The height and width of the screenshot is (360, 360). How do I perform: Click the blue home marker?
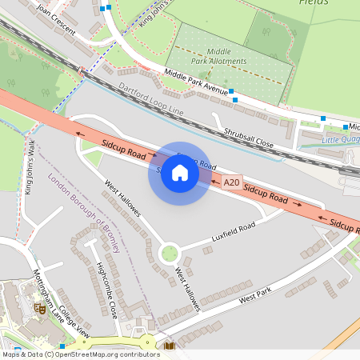[180, 174]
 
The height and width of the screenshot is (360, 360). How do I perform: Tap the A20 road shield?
[231, 182]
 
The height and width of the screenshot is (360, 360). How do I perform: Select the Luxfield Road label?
[233, 230]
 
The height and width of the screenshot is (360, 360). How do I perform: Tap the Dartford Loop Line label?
[151, 99]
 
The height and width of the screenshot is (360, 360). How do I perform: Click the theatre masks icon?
[39, 308]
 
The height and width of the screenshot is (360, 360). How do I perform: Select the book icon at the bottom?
[169, 346]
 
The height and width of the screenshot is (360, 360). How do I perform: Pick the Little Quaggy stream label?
[340, 141]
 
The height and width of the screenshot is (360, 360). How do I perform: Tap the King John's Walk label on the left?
[30, 167]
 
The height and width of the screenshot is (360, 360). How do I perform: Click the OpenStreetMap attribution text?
[80, 354]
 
